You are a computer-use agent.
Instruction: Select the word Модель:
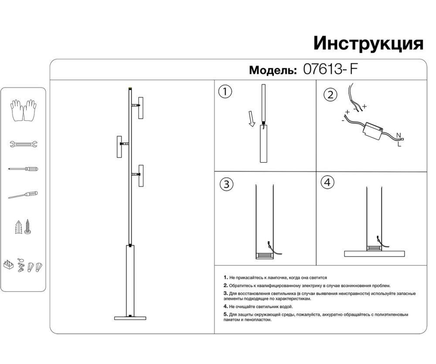[273, 70]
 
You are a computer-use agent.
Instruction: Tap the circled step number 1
[225, 92]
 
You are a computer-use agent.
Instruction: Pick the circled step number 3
[225, 184]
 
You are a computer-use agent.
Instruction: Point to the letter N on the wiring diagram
[398, 135]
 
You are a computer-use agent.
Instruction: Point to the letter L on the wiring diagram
[399, 144]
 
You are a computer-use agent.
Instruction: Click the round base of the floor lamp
[130, 318]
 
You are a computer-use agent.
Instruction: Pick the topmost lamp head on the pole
[140, 107]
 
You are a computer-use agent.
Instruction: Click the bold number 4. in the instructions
[225, 307]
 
